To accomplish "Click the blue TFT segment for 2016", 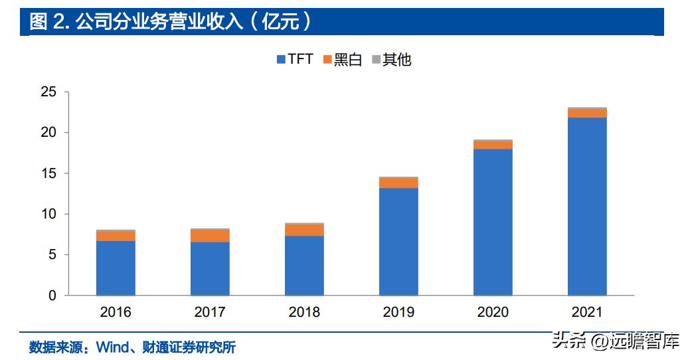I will (116, 268).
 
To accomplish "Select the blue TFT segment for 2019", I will (398, 242).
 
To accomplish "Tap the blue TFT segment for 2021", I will (587, 206).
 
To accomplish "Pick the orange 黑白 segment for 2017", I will (210, 236).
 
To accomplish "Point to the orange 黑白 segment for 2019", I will (398, 183).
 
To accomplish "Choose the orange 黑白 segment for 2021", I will (587, 113).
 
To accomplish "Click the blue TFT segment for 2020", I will (493, 222).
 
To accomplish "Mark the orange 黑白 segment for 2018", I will (304, 230).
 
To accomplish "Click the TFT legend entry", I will (294, 59).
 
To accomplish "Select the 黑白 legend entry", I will (342, 59).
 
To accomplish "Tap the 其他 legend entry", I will (391, 59).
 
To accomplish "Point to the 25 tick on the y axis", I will (48, 92).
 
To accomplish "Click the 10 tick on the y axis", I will (48, 214).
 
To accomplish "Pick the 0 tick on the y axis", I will (52, 296).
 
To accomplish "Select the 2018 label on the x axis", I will (304, 312).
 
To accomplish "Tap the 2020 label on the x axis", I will (493, 312).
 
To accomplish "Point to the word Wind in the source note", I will (114, 347).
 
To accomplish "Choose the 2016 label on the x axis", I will (116, 312).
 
